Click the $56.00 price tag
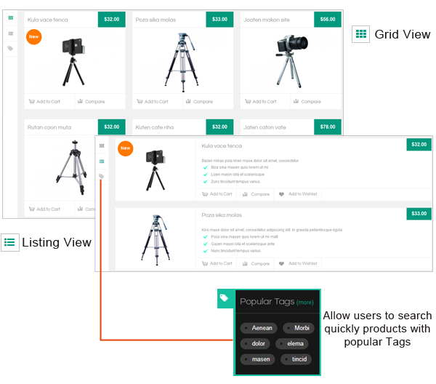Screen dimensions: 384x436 tap(328, 19)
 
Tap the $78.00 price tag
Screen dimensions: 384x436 tap(328, 127)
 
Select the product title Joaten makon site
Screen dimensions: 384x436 tap(266, 20)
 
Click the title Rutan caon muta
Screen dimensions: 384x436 tap(49, 127)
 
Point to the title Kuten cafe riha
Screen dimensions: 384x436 tap(155, 127)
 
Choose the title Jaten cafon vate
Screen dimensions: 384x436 tap(265, 127)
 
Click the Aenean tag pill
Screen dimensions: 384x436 tap(259, 328)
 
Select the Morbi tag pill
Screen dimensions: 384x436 tap(299, 328)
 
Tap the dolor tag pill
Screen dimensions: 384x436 tap(256, 343)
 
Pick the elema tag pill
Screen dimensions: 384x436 tap(292, 343)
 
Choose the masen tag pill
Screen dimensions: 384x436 tap(257, 359)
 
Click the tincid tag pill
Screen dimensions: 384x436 tap(296, 359)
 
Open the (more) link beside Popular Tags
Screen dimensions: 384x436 tap(305, 303)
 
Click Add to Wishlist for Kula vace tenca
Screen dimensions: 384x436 tap(299, 194)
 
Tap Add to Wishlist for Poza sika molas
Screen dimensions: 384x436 tap(299, 263)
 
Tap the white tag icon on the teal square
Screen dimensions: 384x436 tap(225, 297)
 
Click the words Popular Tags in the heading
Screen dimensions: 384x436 tap(267, 302)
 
